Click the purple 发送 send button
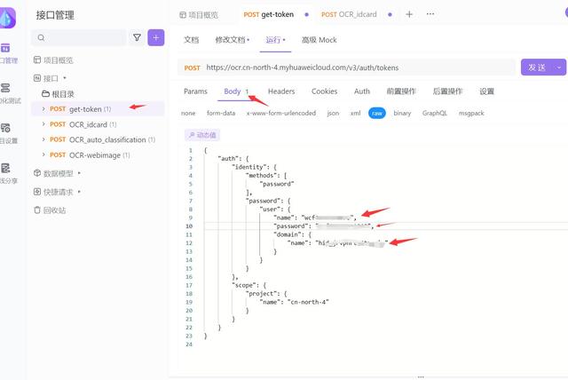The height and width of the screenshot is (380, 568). tap(536, 67)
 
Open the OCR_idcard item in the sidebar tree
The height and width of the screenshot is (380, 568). tap(88, 124)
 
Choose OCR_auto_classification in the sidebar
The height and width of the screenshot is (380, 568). tap(107, 139)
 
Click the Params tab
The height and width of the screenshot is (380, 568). tap(195, 91)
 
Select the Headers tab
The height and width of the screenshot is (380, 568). tap(281, 91)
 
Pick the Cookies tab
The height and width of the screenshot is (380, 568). tap(324, 91)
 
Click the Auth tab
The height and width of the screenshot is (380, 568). tap(362, 91)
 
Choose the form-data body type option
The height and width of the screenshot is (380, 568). tap(221, 114)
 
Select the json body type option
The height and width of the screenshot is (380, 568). tap(333, 114)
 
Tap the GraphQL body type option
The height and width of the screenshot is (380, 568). tap(435, 114)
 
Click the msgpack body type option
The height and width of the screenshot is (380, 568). tap(471, 114)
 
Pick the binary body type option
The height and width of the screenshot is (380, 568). tap(402, 114)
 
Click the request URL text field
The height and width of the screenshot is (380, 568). tap(355, 67)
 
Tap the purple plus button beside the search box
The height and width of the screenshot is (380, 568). tap(156, 37)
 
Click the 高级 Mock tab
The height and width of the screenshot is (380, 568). tap(319, 40)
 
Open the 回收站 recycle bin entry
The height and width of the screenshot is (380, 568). tap(54, 210)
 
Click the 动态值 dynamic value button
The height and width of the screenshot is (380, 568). tap(201, 135)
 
